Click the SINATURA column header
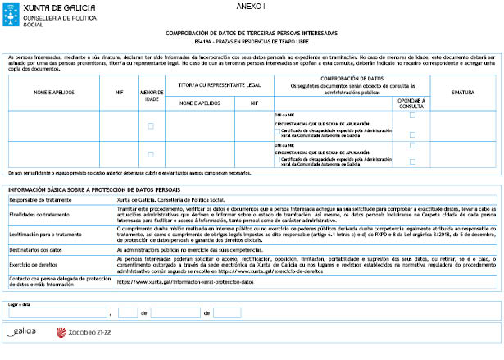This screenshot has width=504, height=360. tap(463, 93)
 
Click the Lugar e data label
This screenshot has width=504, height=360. tap(17, 304)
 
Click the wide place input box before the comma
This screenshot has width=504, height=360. tap(57, 313)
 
